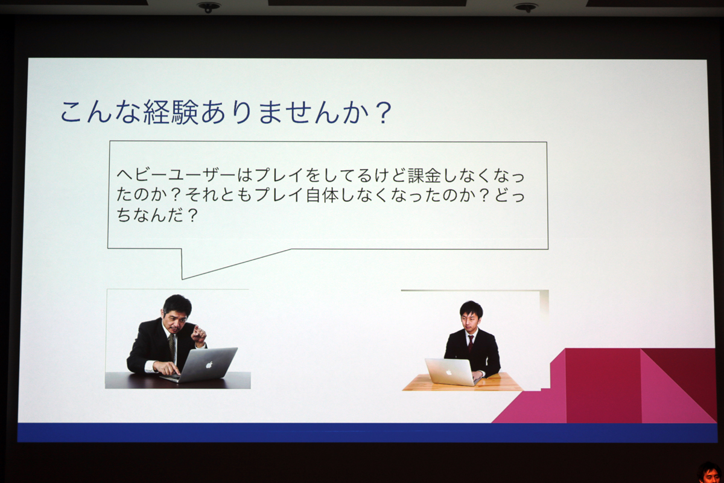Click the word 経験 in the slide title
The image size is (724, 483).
[171, 112]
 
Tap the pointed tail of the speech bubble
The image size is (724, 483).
[183, 278]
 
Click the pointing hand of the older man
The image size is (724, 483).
[198, 334]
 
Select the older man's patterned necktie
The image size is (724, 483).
[171, 347]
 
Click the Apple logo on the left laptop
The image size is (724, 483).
[209, 364]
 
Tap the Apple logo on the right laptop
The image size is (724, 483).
[449, 373]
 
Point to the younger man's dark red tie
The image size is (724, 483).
[471, 344]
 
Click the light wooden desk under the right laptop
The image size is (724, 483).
[462, 383]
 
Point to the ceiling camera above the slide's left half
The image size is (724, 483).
[209, 7]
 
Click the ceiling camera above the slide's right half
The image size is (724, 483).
[526, 7]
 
